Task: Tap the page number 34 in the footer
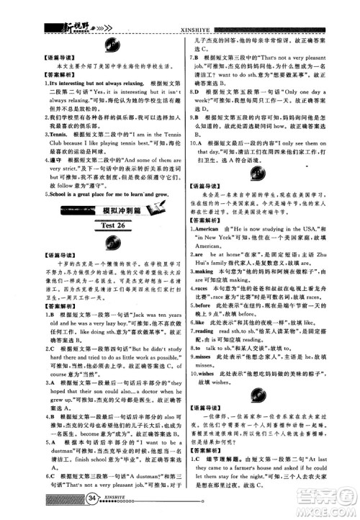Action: pos(91,498)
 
